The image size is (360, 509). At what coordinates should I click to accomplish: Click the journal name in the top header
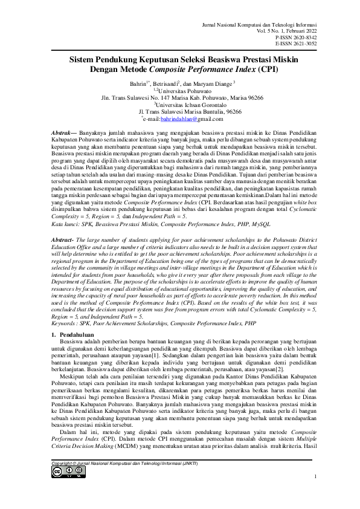(266, 22)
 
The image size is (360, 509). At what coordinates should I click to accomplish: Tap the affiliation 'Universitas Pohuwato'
(183, 89)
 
